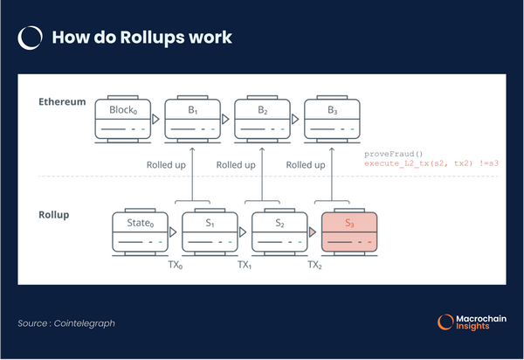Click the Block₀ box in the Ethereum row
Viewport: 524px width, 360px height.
point(123,119)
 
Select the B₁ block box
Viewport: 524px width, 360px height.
point(192,119)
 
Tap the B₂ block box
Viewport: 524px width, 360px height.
point(262,119)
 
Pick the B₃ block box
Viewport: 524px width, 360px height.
point(332,119)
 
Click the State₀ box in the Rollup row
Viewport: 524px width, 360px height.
point(140,231)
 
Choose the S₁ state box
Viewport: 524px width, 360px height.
point(210,231)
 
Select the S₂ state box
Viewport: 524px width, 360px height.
point(279,231)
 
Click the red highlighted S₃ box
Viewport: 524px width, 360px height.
point(349,231)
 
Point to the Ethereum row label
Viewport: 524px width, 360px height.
point(62,102)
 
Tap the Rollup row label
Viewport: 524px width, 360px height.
point(54,214)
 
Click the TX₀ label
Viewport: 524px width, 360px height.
point(175,263)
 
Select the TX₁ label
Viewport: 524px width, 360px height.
point(245,263)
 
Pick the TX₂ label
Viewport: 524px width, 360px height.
point(315,263)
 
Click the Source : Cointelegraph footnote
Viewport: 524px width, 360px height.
point(66,324)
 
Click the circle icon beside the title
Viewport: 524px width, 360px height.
point(31,38)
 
